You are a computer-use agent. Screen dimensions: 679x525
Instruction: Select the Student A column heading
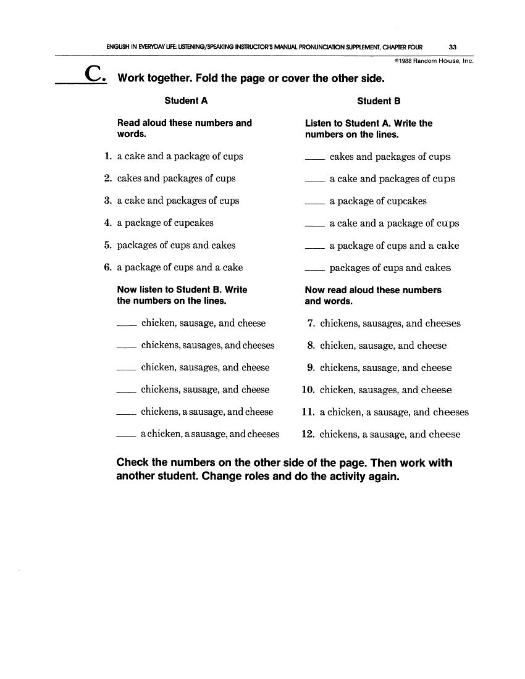182,101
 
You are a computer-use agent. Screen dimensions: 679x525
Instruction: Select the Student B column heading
379,101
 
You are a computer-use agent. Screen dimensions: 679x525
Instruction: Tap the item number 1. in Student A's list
108,157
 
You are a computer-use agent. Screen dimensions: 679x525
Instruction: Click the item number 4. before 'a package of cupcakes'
108,223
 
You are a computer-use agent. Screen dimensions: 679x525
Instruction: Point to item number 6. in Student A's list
108,268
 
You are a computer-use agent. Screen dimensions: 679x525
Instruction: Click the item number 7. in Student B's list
311,323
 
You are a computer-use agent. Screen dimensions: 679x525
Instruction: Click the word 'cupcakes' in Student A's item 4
193,223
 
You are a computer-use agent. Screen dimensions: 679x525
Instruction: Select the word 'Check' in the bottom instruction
133,463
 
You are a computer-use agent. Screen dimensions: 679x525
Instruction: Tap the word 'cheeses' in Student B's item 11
451,412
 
